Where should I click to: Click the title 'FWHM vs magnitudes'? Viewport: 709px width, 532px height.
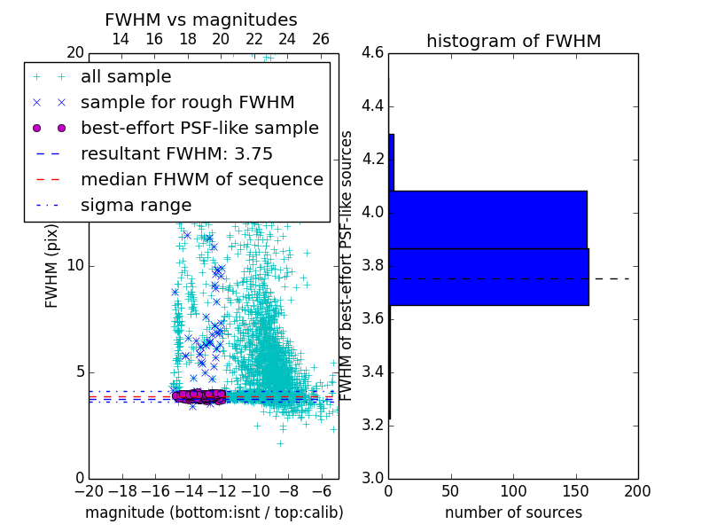point(201,20)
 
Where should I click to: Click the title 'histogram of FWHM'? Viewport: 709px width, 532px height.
point(513,41)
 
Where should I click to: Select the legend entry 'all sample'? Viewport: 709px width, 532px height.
point(126,77)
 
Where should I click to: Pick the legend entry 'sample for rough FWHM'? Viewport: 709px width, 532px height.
point(187,102)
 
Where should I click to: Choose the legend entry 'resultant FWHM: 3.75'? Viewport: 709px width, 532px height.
point(176,153)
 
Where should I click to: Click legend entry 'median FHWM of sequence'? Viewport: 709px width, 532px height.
point(201,179)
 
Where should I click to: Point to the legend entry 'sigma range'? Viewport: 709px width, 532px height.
point(136,205)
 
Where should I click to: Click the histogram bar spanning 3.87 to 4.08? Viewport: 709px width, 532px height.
point(487,219)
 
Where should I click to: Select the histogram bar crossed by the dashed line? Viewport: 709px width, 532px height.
point(487,277)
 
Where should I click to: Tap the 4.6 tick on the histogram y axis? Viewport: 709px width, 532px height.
point(373,53)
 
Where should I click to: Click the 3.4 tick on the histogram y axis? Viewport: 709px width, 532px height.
point(373,372)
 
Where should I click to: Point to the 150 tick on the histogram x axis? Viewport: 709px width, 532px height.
point(575,489)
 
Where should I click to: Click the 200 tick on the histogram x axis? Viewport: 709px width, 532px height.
point(637,489)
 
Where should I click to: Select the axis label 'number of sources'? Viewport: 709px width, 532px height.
point(513,512)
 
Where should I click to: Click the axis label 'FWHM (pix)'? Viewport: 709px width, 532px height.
point(52,266)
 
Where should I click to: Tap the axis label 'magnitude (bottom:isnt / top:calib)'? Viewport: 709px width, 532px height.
point(214,512)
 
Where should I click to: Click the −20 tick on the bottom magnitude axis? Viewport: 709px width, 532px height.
point(89,489)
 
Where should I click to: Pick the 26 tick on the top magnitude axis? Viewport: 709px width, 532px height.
point(321,39)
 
